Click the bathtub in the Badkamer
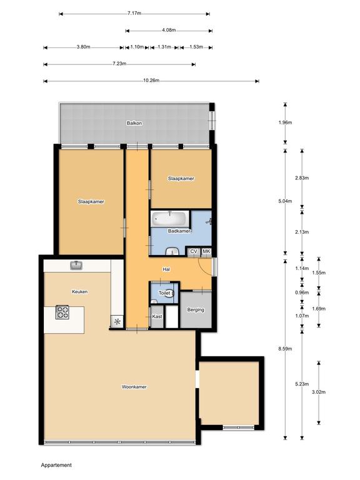pos(170,219)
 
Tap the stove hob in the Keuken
pos(62,312)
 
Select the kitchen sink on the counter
pos(76,265)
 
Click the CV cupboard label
pos(194,252)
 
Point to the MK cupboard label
pos(206,252)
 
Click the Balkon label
pos(134,123)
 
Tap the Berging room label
pos(196,310)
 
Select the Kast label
pos(157,316)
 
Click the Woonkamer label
pos(134,387)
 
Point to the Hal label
pos(166,269)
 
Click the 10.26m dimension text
pos(151,81)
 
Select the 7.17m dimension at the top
pos(134,13)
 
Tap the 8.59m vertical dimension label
pos(285,348)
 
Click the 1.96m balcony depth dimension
pos(285,122)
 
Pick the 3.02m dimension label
pos(319,392)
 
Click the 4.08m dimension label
pos(169,30)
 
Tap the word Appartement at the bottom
pos(56,465)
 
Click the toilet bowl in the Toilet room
pos(171,293)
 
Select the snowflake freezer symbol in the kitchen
pos(117,322)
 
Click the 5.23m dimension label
pos(302,384)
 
